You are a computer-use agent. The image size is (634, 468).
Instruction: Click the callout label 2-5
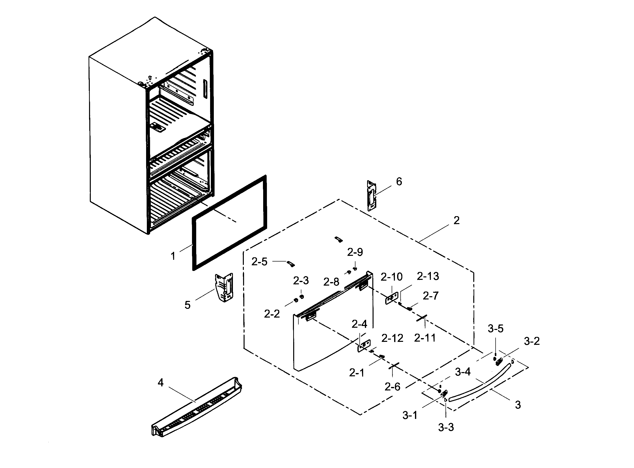pos(259,262)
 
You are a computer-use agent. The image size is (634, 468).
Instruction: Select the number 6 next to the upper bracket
pos(399,182)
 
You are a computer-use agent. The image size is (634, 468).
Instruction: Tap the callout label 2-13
pos(428,276)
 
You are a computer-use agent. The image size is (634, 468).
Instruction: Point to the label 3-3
pos(446,427)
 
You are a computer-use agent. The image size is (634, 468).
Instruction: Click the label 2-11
pos(425,338)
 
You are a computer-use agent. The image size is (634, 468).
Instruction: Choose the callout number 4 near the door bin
pos(160,383)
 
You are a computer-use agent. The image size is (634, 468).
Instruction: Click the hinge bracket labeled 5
pos(224,287)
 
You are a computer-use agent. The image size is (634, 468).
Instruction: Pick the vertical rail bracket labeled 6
pos(372,196)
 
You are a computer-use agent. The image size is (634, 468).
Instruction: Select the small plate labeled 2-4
pos(364,346)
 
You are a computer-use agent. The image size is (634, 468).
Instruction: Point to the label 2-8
pos(331,282)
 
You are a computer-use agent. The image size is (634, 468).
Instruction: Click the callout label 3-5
pos(495,329)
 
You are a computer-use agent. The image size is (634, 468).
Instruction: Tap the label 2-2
pos(272,314)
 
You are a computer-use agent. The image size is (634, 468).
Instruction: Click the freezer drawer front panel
pos(332,334)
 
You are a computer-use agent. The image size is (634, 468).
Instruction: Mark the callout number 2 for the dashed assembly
pos(456,220)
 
